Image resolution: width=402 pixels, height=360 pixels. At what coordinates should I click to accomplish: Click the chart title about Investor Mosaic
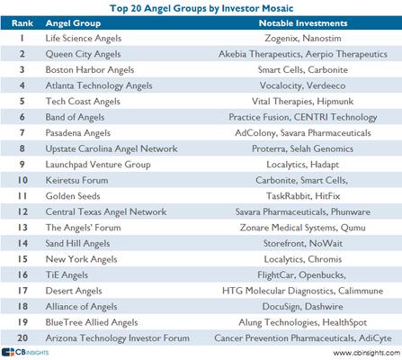pyautogui.click(x=201, y=8)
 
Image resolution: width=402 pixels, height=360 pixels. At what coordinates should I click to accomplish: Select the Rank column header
pyautogui.click(x=22, y=23)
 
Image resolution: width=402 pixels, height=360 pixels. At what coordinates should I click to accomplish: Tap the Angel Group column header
pyautogui.click(x=73, y=23)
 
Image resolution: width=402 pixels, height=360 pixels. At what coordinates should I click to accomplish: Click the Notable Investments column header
pyautogui.click(x=303, y=23)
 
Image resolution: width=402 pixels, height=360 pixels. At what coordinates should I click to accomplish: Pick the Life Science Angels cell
pyautogui.click(x=84, y=39)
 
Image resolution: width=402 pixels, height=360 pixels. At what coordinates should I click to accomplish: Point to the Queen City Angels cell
pyautogui.click(x=83, y=54)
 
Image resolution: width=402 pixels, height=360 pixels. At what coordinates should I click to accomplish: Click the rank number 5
pyautogui.click(x=22, y=101)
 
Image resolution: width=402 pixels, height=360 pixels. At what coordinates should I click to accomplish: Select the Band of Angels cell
pyautogui.click(x=75, y=117)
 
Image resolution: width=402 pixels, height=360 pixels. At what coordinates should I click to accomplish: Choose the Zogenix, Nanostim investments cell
pyautogui.click(x=303, y=39)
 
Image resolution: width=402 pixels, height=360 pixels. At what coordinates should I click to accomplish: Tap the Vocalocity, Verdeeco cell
pyautogui.click(x=302, y=85)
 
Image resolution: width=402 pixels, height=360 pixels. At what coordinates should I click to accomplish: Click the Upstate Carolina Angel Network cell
pyautogui.click(x=112, y=148)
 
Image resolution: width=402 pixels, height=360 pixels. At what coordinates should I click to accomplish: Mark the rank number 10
pyautogui.click(x=22, y=180)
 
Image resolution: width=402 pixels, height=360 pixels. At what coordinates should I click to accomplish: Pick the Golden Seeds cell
pyautogui.click(x=73, y=196)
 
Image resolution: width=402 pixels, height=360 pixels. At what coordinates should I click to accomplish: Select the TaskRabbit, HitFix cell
pyautogui.click(x=303, y=196)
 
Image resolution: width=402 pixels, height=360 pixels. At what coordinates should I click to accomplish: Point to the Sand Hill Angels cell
pyautogui.click(x=77, y=244)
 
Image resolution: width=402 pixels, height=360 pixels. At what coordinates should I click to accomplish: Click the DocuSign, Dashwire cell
pyautogui.click(x=303, y=307)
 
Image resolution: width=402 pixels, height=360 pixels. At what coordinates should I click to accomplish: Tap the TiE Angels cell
pyautogui.click(x=67, y=275)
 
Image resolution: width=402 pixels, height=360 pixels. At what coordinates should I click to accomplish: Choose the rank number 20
pyautogui.click(x=22, y=337)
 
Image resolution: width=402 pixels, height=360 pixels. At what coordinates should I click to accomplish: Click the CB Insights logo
pyautogui.click(x=25, y=352)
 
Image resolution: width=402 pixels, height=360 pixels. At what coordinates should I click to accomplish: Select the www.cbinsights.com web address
pyautogui.click(x=366, y=353)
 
